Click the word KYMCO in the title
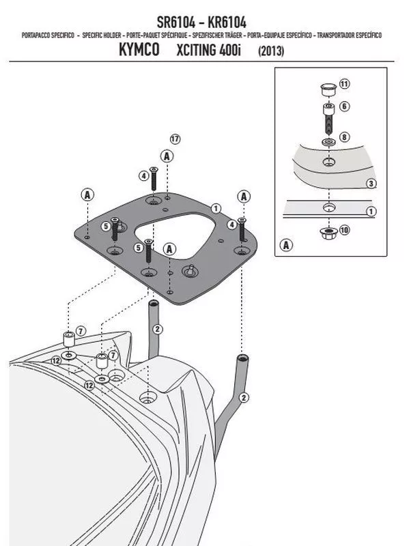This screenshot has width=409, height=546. click(139, 49)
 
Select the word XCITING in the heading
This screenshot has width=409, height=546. click(196, 50)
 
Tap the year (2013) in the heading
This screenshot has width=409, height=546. click(271, 51)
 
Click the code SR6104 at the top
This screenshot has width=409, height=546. click(176, 23)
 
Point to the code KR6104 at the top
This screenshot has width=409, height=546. click(227, 23)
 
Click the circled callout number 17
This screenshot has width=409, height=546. click(175, 139)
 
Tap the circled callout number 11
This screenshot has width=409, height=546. click(344, 84)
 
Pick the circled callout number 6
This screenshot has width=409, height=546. click(345, 106)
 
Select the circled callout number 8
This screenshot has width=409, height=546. click(344, 137)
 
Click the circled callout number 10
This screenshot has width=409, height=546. click(344, 230)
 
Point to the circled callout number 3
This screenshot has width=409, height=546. click(371, 184)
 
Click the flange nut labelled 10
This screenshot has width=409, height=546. click(328, 233)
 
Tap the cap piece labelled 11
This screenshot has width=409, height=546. click(328, 89)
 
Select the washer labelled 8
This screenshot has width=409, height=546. click(328, 142)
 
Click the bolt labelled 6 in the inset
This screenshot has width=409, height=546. click(328, 118)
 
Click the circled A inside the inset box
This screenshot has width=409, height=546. click(286, 245)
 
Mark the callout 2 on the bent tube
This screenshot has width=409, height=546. click(244, 398)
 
